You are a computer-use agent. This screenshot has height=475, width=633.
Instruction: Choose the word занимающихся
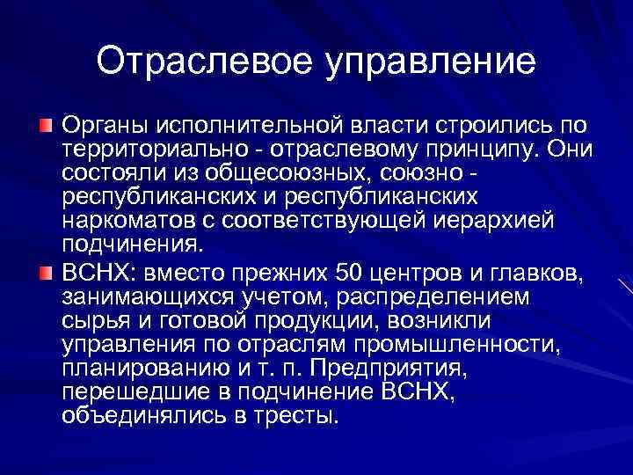pyautogui.click(x=147, y=296)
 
